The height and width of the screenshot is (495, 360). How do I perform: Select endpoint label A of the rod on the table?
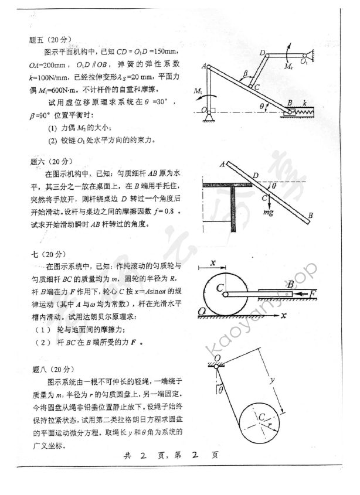[x=222, y=165]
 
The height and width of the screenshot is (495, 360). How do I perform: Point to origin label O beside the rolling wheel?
[x=201, y=311]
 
